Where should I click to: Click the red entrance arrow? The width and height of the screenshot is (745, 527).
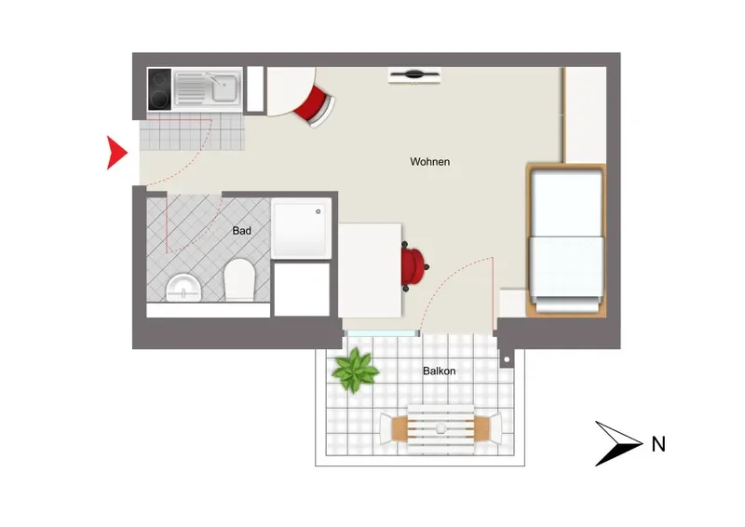tap(115, 153)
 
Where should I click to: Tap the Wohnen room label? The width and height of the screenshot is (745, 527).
tap(429, 162)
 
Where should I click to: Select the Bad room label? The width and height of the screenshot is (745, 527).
tap(241, 231)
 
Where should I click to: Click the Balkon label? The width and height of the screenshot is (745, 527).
tap(439, 371)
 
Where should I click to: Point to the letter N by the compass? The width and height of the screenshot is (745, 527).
tap(658, 444)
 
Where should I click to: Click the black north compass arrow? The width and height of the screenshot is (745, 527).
tap(617, 443)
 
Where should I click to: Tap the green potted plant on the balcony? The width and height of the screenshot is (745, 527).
tap(355, 371)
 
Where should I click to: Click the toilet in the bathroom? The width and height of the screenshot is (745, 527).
tap(239, 279)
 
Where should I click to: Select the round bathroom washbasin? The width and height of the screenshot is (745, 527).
tap(183, 288)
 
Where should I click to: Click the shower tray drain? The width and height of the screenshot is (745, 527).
tap(318, 211)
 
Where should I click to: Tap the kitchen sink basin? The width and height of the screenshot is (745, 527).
tap(223, 88)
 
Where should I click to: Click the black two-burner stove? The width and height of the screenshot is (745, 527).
tap(159, 89)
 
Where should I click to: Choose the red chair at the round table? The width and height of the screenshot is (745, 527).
tap(315, 106)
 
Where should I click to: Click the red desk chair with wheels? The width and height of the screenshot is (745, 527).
tap(413, 267)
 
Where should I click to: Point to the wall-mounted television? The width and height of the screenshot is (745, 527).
tap(414, 75)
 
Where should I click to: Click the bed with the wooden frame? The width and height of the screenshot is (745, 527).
tap(566, 240)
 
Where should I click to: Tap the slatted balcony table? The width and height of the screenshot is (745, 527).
tap(440, 429)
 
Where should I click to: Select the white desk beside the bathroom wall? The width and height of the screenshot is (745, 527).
tap(370, 270)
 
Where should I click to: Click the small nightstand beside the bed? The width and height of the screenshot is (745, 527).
tap(512, 303)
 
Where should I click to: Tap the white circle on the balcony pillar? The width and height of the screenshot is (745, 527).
tap(507, 359)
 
